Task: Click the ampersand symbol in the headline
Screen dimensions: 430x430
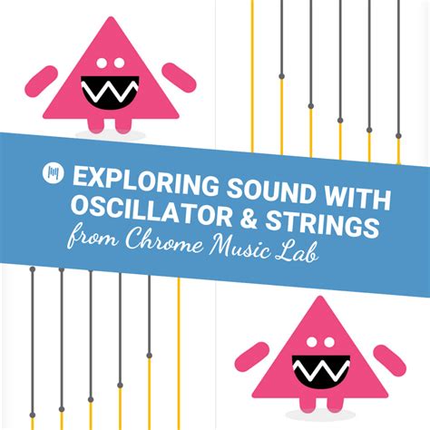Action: coord(248,218)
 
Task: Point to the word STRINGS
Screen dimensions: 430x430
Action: coord(322,223)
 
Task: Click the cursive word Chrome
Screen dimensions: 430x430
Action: coord(165,239)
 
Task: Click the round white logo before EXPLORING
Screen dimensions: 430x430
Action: coord(54,173)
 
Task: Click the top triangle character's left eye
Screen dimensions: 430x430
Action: coord(102,63)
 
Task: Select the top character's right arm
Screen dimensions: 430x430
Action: coord(179,77)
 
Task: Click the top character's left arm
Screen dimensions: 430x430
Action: coord(41,82)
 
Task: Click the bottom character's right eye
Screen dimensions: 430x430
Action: coord(329,342)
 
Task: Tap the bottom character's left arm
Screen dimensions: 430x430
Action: coord(252,357)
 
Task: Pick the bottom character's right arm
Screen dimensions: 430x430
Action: coord(389,361)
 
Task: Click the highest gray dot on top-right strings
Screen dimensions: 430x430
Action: coord(281,76)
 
